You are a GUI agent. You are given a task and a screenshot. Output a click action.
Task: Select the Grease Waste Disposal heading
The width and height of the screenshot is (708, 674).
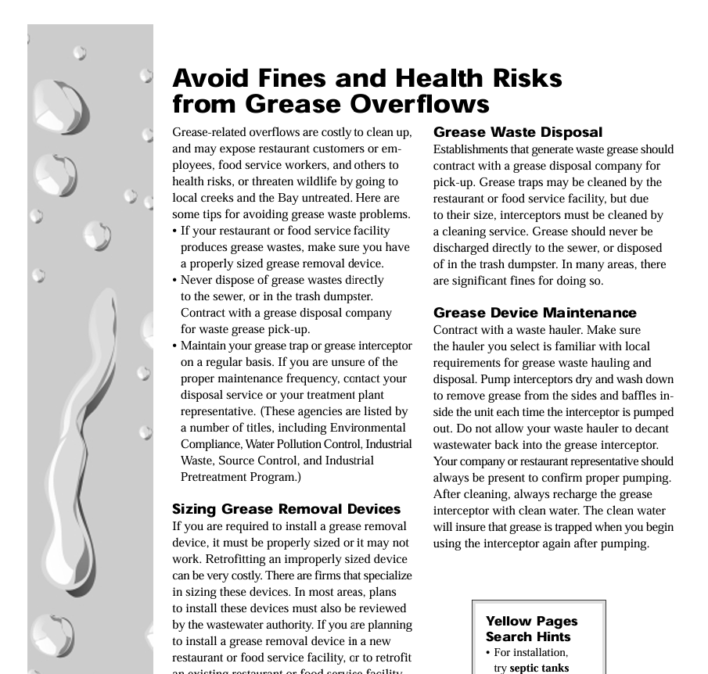pos(517,132)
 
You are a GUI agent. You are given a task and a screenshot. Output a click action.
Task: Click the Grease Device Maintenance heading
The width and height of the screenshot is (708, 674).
pos(534,313)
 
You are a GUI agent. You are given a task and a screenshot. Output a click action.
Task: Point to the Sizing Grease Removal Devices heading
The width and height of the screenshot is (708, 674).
pos(286,509)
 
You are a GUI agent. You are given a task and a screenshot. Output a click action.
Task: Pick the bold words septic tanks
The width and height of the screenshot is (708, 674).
pos(539,669)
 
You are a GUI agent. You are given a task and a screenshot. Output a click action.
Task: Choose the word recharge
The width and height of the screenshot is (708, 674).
pos(580,494)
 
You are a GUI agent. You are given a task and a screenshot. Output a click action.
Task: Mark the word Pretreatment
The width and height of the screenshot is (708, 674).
pos(215,477)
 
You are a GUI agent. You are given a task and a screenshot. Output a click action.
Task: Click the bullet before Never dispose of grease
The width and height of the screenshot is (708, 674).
pos(175,281)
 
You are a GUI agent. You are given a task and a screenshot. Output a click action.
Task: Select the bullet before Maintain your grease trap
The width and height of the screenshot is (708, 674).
pos(175,346)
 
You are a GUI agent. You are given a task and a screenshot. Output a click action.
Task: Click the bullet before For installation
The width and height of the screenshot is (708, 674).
pos(488,653)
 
